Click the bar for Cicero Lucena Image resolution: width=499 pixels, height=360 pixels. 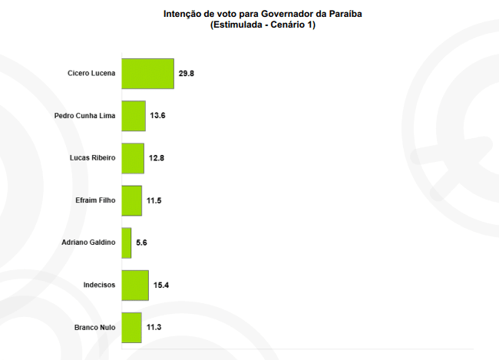[147, 74]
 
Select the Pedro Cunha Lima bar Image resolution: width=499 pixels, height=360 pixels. [134, 116]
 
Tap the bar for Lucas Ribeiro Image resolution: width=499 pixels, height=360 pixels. [133, 158]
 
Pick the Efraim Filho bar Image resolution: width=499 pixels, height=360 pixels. [132, 200]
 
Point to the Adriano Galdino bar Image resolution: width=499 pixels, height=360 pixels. [127, 243]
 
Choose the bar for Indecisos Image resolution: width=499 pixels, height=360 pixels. [135, 285]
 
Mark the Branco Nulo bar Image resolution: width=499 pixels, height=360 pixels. [132, 327]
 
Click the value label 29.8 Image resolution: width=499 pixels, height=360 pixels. [187, 74]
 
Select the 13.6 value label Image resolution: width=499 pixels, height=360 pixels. [158, 116]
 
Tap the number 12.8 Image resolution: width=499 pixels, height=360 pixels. [157, 158]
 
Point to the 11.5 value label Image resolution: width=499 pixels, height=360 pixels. [154, 200]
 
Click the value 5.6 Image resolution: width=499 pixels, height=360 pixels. [141, 243]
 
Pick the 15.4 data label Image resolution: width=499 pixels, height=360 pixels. [161, 285]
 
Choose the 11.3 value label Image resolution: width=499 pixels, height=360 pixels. [154, 327]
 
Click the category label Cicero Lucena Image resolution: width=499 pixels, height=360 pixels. [91, 74]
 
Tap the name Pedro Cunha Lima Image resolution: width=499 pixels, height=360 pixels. [84, 116]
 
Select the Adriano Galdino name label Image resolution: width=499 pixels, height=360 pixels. [88, 243]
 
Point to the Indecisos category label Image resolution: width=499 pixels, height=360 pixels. [99, 285]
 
